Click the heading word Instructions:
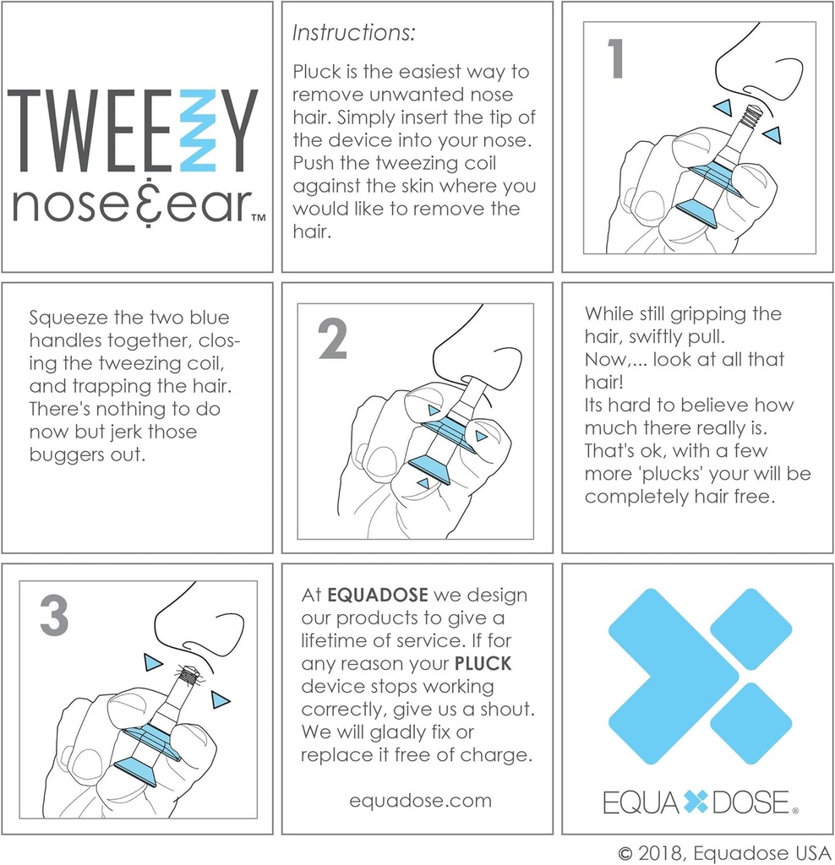(x=354, y=34)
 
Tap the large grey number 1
(x=616, y=60)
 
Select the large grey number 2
(x=332, y=340)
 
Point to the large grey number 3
(x=55, y=617)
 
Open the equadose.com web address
(x=420, y=800)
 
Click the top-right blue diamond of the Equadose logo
(x=750, y=628)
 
